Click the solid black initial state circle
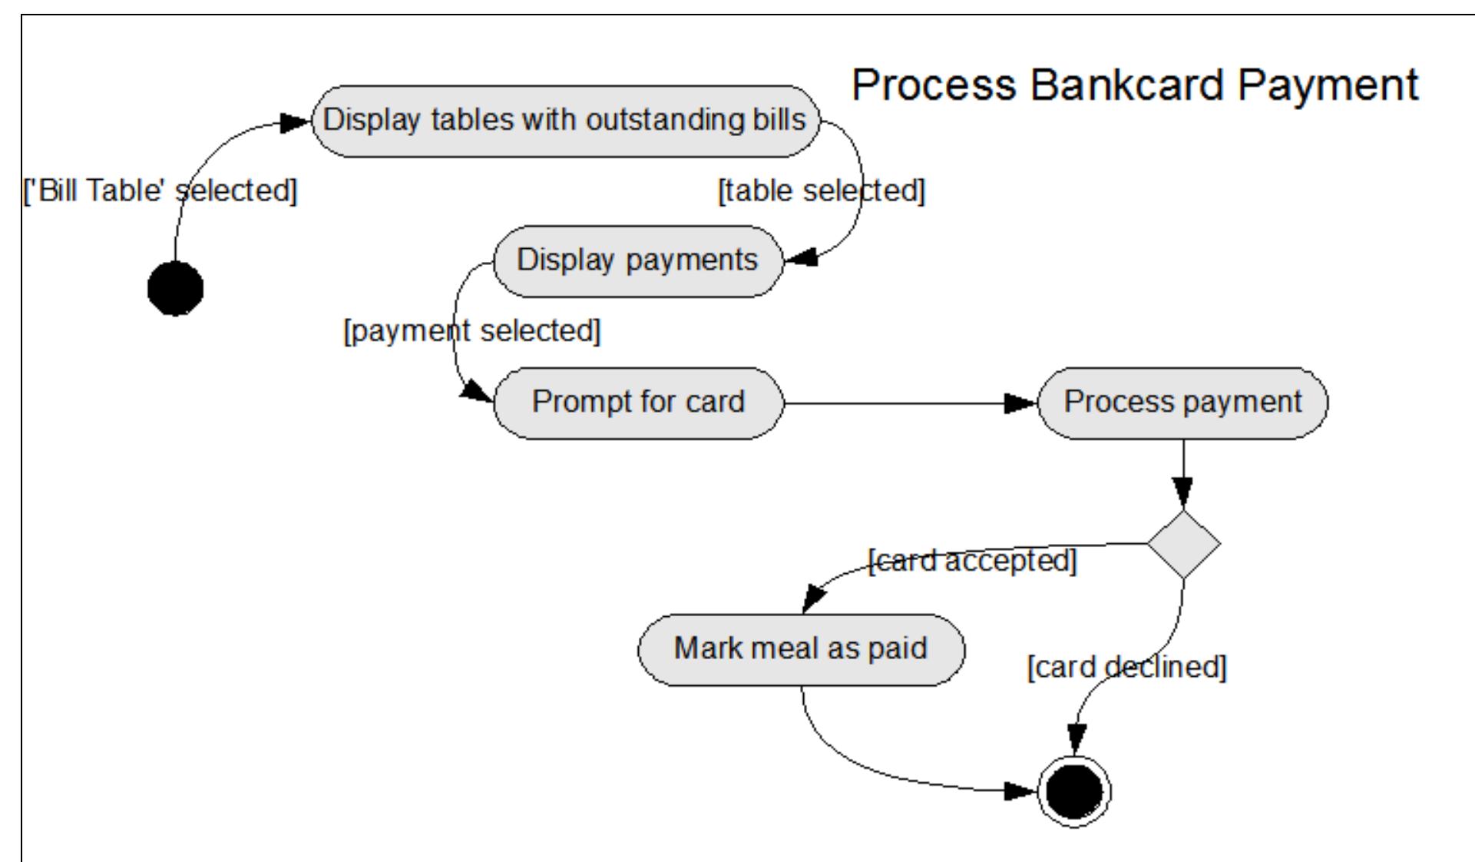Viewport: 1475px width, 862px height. [x=175, y=288]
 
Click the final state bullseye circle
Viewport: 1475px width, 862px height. [x=1073, y=791]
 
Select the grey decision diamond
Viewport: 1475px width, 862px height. [x=1183, y=544]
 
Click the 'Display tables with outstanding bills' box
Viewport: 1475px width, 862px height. [x=564, y=121]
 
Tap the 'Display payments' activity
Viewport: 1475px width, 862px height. [x=637, y=260]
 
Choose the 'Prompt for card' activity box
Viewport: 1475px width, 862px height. [x=637, y=403]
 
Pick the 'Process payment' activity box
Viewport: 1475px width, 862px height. [x=1182, y=403]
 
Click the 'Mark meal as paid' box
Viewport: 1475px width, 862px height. [x=801, y=649]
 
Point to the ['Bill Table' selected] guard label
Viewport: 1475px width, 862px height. [x=160, y=191]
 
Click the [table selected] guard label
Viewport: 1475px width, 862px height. [x=821, y=191]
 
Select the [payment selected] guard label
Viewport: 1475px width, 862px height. [x=471, y=331]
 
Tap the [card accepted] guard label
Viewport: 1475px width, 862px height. [x=972, y=561]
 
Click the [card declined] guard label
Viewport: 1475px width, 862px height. [x=1126, y=667]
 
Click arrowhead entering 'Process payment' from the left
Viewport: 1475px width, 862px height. [x=1021, y=403]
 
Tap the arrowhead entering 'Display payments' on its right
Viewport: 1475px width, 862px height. [x=800, y=260]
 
